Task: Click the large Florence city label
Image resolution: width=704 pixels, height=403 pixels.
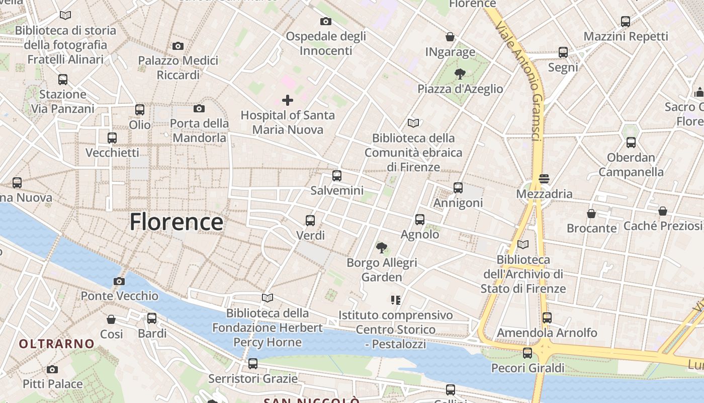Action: tap(176, 222)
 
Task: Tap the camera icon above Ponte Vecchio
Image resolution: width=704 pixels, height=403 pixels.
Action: tap(119, 281)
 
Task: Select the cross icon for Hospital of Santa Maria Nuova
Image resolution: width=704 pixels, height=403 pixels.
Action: tap(288, 100)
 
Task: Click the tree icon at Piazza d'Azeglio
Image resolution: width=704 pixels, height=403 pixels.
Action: tap(460, 75)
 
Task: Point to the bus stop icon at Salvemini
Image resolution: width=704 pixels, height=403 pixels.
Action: tap(337, 176)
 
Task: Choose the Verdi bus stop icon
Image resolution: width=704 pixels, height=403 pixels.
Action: tap(310, 221)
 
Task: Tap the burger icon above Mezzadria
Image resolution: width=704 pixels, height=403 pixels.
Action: tap(544, 179)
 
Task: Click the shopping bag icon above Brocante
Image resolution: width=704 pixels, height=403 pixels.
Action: tap(591, 214)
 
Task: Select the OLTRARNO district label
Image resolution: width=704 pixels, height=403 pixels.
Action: tap(57, 344)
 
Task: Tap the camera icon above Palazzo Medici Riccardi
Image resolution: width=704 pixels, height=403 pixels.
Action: tap(178, 46)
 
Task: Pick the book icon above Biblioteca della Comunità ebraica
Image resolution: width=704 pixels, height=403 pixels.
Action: tap(413, 123)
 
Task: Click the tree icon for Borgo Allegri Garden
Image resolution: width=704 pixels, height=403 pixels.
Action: tap(382, 248)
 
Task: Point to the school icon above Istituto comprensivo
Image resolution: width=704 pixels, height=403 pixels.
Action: tap(395, 300)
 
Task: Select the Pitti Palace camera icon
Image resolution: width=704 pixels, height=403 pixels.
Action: tap(52, 370)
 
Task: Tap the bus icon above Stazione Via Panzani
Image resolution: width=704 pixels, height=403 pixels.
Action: tap(63, 80)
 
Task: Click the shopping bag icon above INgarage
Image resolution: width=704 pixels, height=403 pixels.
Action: tap(450, 37)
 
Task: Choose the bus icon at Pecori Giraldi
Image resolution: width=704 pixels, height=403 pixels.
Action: tap(527, 353)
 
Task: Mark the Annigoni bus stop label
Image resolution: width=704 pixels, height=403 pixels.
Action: tap(458, 203)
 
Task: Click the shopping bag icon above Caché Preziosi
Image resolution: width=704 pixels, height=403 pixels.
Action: tap(663, 211)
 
